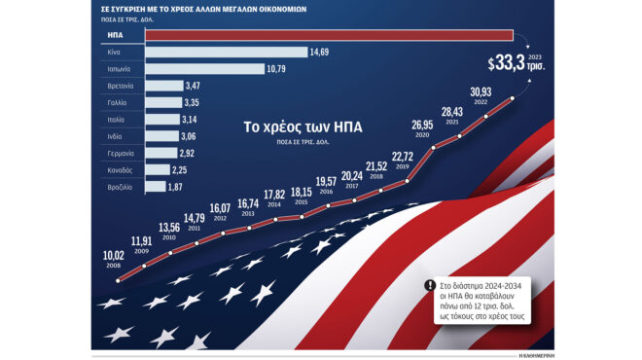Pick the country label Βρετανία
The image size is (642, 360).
(x=122, y=86)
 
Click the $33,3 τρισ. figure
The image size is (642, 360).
(x=517, y=64)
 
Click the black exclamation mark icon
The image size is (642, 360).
(x=430, y=286)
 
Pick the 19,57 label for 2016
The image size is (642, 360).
(x=327, y=182)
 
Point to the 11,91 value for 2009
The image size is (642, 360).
(x=143, y=240)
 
